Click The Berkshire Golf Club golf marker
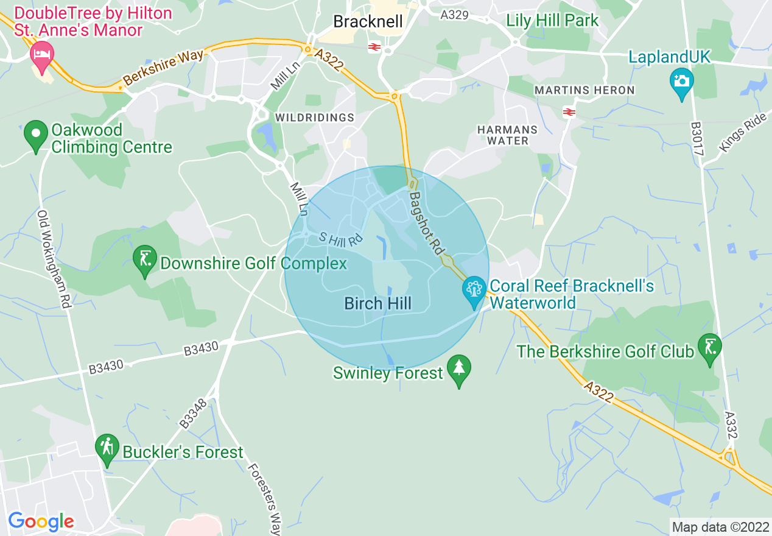pos(709,348)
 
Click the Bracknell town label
pos(368,22)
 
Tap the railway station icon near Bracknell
pos(374,47)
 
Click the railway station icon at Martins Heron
pos(569,111)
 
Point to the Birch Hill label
pos(377,303)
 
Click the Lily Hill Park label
pos(552,20)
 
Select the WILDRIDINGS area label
pos(314,117)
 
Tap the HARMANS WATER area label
pos(508,135)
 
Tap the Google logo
pos(41,521)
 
